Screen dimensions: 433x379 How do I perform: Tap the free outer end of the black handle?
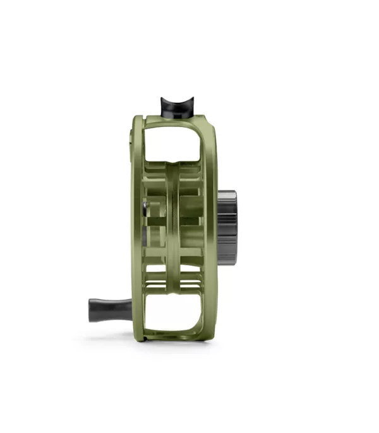click(92, 311)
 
